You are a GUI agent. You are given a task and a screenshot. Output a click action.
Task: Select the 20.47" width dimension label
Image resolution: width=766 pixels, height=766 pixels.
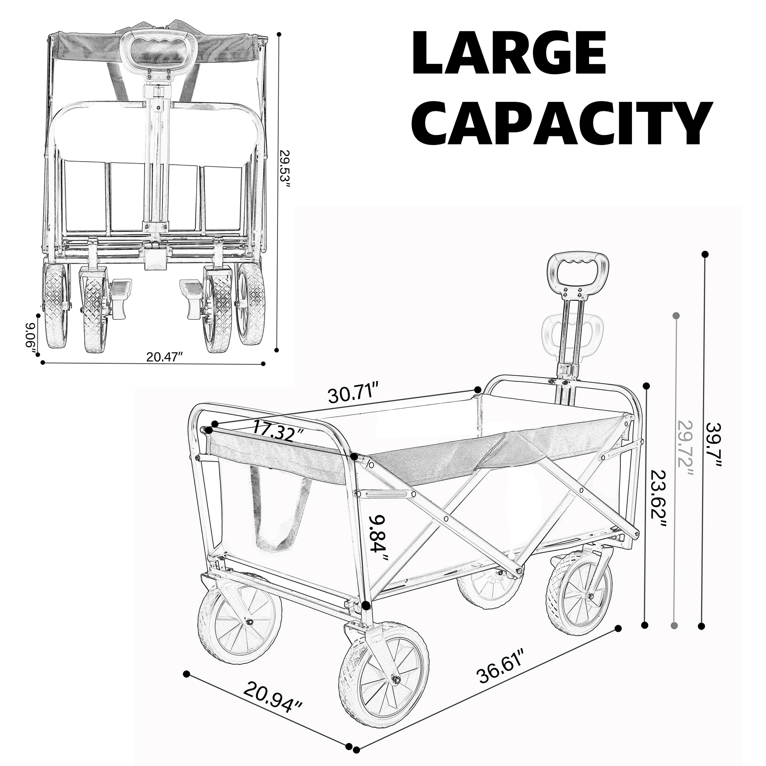pos(164,357)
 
